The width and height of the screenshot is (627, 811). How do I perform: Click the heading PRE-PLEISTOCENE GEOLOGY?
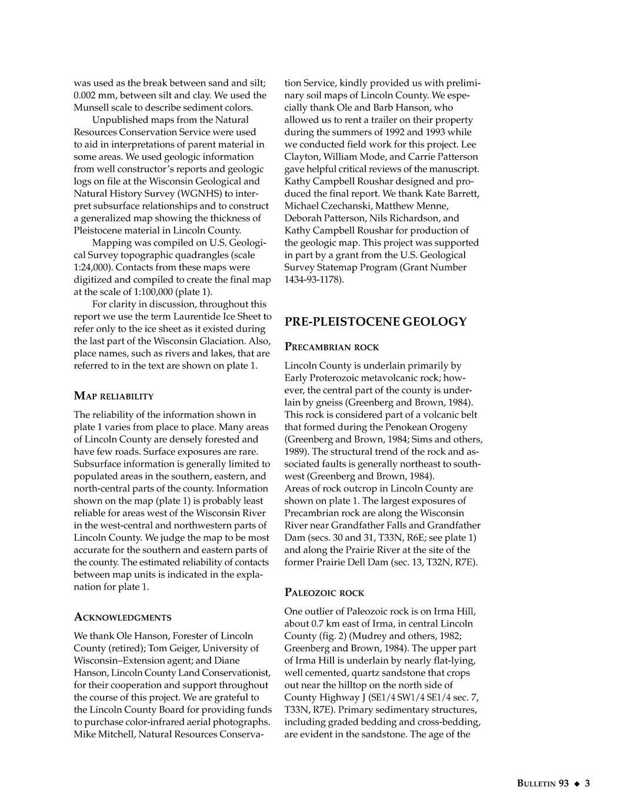[375, 321]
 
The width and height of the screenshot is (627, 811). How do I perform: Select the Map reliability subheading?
[114, 396]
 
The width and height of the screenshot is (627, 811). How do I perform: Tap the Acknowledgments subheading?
[122, 617]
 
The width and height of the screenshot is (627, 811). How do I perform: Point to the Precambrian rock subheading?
[332, 347]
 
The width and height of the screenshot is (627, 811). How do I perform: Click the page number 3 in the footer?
[587, 783]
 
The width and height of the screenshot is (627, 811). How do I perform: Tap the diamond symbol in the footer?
[577, 783]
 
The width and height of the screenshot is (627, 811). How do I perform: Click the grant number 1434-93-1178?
[313, 280]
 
